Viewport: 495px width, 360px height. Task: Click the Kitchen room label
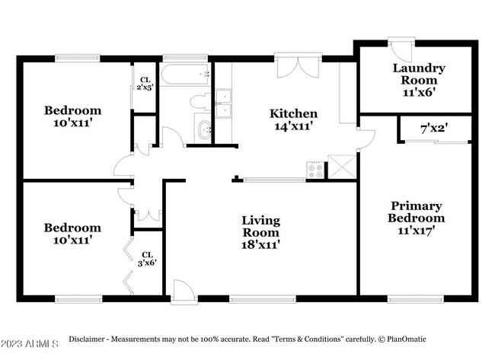293,113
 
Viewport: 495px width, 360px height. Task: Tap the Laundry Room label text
419,74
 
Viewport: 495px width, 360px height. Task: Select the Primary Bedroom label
416,212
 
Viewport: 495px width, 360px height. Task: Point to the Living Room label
260,226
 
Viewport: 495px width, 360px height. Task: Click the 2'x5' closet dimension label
145,84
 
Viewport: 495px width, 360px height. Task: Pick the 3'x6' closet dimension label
147,259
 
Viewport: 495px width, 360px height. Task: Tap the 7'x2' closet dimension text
434,129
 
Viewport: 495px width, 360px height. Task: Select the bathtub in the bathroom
185,75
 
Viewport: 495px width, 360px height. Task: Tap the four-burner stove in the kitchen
315,170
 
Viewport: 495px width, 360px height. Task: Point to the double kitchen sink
223,104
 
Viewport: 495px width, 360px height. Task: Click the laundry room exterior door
401,50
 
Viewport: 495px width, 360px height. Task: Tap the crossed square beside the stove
342,167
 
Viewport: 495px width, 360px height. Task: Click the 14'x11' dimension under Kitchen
294,126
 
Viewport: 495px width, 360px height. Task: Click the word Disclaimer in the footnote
87,339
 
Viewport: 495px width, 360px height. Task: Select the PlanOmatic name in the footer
407,339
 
